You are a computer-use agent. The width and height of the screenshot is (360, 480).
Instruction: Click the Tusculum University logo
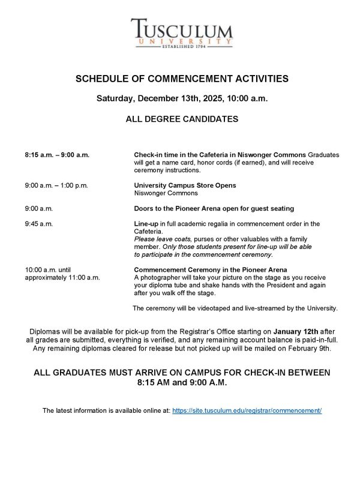tap(182, 34)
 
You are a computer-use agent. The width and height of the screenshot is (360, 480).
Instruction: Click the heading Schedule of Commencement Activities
tap(182, 79)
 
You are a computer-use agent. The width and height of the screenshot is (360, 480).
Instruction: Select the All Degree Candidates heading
tap(182, 119)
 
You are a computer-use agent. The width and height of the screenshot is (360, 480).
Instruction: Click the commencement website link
tap(247, 410)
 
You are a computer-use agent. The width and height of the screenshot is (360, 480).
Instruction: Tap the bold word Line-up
tap(146, 224)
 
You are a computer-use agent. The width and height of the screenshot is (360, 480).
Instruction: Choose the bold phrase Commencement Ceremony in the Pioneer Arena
tap(210, 269)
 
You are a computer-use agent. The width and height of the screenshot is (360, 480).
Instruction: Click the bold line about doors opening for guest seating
tap(214, 209)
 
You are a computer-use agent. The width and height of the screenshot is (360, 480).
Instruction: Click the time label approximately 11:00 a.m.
tap(62, 278)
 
